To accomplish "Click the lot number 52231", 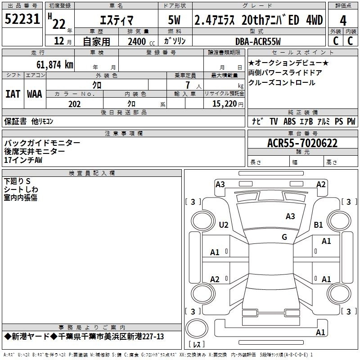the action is [x=22, y=19].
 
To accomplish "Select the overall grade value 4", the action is [x=343, y=21].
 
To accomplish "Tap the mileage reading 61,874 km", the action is [x=55, y=64].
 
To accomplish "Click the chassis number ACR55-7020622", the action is [x=302, y=143].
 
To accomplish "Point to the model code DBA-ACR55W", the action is [x=258, y=41].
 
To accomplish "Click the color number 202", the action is [x=74, y=104].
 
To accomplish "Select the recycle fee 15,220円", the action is [x=228, y=104].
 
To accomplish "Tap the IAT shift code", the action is [x=13, y=94].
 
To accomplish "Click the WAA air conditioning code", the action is [x=35, y=94].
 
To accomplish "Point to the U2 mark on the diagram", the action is [x=224, y=225].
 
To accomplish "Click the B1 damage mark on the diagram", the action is [x=318, y=225].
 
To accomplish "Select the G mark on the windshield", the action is [x=284, y=237].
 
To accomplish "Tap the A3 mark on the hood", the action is [x=290, y=216].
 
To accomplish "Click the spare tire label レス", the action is [x=197, y=344].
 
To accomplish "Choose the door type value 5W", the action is [x=174, y=20].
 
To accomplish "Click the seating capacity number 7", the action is [x=188, y=85].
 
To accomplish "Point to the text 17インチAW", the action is [x=23, y=160].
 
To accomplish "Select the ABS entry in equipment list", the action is [x=289, y=121].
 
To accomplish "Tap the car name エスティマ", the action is [x=117, y=20].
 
